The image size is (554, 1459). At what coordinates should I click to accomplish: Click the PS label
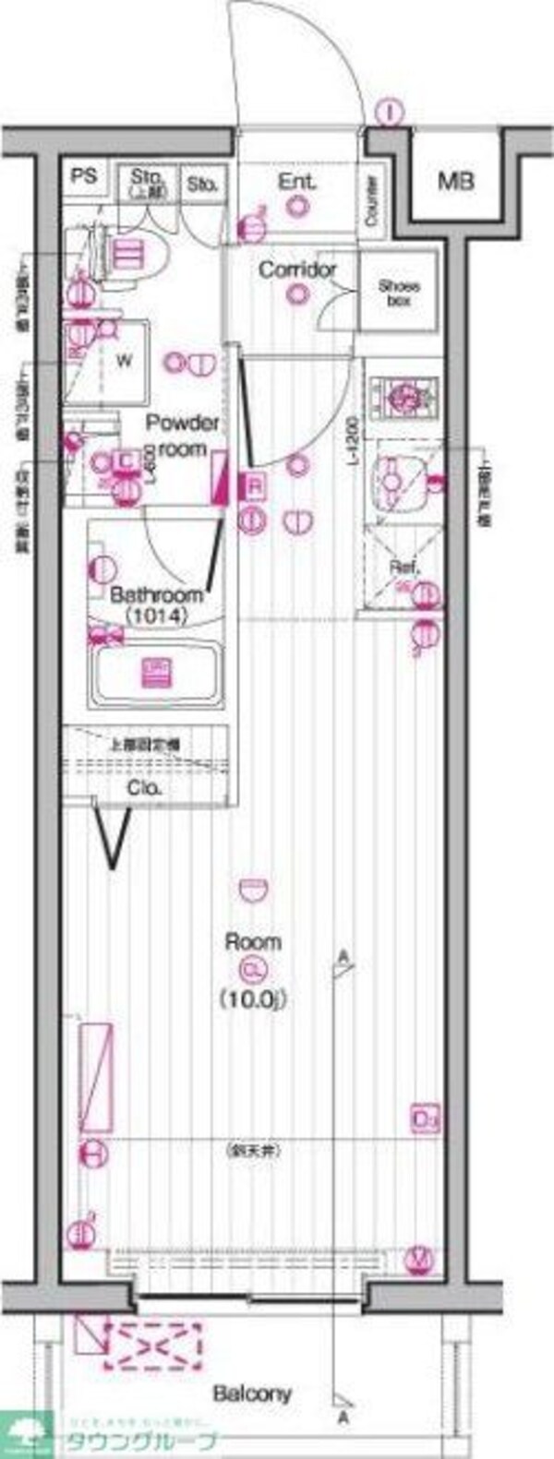(x=84, y=175)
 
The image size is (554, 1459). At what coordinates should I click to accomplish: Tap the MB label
(x=455, y=180)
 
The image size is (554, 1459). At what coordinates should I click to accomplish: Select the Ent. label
(x=297, y=181)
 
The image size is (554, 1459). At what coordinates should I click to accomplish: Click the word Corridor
(x=296, y=269)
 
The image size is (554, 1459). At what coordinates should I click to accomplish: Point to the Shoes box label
(x=399, y=293)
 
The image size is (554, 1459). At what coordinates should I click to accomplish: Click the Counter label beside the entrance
(x=372, y=201)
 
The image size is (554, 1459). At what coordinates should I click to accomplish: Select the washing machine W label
(x=123, y=361)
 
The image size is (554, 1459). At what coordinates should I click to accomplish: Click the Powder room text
(x=183, y=435)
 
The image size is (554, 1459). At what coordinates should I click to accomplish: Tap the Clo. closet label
(x=144, y=788)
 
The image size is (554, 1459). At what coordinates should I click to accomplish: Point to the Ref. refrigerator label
(x=404, y=568)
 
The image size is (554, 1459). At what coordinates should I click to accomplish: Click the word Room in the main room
(x=253, y=942)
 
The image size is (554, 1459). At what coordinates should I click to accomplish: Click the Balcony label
(x=252, y=1393)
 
